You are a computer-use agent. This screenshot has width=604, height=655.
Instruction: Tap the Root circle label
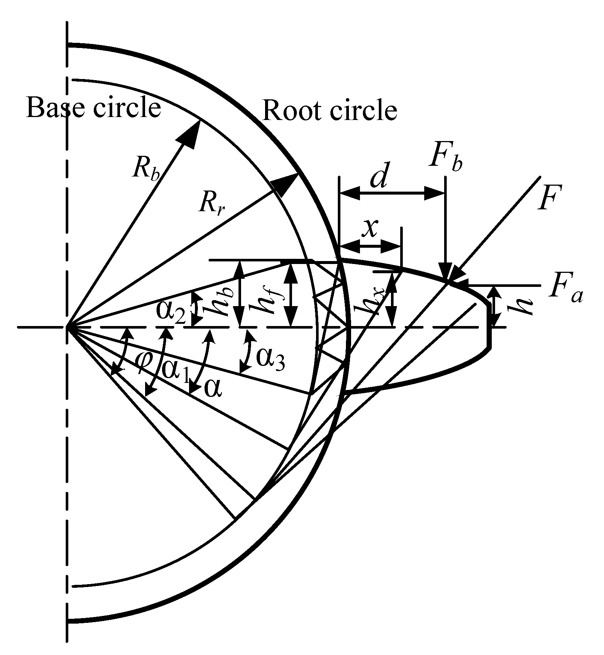tap(329, 110)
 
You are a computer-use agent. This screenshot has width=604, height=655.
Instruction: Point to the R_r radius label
tap(212, 202)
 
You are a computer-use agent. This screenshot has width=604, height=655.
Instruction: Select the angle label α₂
tap(170, 312)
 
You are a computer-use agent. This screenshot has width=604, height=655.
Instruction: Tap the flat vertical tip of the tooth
tap(490, 325)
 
